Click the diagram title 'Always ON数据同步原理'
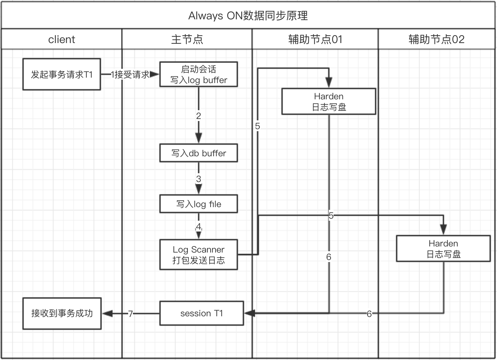248,16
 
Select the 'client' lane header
61,39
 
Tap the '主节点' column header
187,39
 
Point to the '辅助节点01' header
315,39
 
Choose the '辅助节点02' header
436,39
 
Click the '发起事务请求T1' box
62,74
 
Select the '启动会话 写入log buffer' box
199,74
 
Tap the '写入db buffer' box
199,153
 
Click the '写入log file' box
199,204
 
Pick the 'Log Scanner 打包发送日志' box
199,255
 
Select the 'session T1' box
202,313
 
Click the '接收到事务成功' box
62,313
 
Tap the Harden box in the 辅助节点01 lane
329,102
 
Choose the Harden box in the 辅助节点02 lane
443,249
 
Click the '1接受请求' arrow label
131,74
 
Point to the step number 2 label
199,116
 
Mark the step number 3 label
199,179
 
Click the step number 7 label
131,314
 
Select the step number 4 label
199,226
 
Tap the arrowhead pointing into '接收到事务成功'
107,314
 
